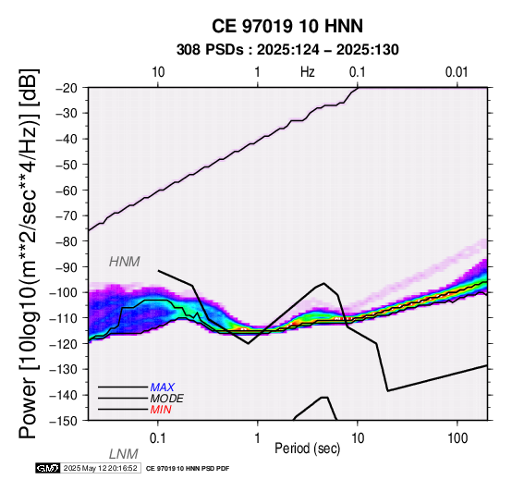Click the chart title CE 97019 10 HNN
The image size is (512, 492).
[287, 26]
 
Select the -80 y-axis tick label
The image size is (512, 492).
[67, 241]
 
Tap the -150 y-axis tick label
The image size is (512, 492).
[65, 421]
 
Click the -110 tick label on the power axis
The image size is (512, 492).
[65, 318]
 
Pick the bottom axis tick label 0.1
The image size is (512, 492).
[157, 438]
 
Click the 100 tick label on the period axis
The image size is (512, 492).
[457, 438]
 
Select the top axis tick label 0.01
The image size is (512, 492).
[457, 72]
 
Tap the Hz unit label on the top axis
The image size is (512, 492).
[308, 72]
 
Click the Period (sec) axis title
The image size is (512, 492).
[307, 449]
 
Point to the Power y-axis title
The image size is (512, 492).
[28, 253]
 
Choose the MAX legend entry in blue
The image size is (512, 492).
[163, 387]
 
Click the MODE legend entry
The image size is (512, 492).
[167, 399]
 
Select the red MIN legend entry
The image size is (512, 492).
[161, 410]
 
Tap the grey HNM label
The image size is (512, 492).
[125, 262]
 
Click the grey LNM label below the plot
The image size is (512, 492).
[124, 454]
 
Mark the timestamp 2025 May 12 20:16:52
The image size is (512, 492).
[100, 469]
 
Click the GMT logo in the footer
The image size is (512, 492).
[48, 468]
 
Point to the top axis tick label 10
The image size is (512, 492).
[158, 72]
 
